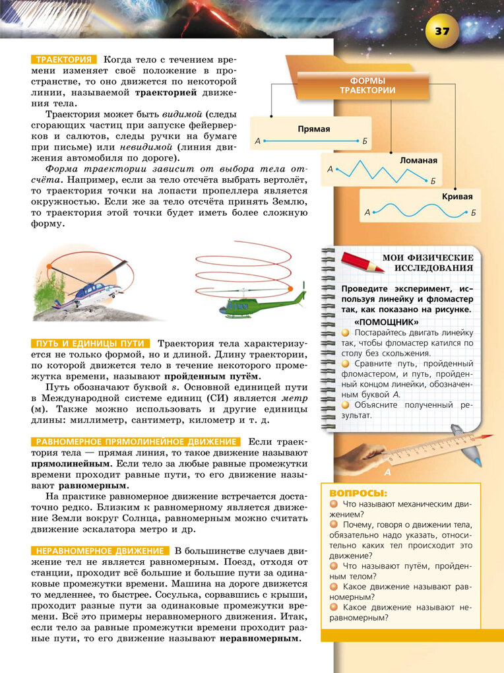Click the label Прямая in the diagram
tap(313, 129)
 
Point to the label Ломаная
tap(418, 160)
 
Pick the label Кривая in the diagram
tap(457, 197)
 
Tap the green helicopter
tap(263, 304)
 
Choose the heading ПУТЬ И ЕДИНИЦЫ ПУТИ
tap(90, 344)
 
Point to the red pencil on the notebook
tap(362, 261)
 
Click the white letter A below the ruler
tap(387, 472)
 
